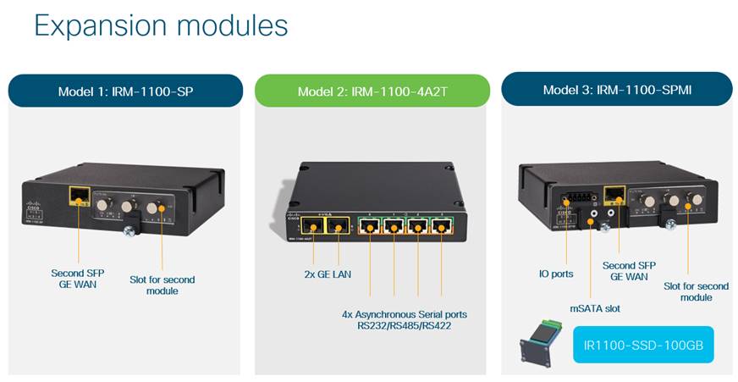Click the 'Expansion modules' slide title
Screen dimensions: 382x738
161,26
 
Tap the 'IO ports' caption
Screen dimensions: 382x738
556,274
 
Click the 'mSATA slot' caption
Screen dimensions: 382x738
595,308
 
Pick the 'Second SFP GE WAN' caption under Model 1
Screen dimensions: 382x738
78,280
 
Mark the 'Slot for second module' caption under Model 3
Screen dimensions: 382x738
696,291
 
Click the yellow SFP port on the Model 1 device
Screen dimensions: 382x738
80,197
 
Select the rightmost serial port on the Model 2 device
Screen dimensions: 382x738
441,227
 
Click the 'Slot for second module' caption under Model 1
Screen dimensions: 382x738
162,285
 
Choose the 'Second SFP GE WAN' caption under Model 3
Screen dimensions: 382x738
625,271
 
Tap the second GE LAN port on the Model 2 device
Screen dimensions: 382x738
339,226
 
